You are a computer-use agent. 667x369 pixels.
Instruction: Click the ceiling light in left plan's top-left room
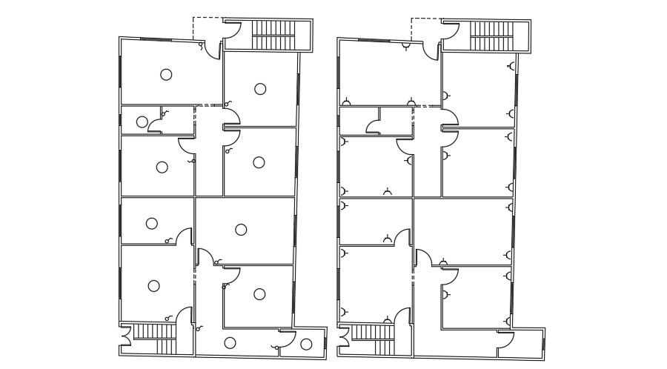click(x=166, y=74)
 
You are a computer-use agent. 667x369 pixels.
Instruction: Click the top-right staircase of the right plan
click(x=493, y=35)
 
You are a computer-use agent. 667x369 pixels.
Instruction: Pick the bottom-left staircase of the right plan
click(x=373, y=340)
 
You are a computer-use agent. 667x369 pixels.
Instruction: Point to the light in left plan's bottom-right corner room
click(x=306, y=343)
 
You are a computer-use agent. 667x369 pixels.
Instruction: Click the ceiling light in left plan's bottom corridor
click(x=230, y=342)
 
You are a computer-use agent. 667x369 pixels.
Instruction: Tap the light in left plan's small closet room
click(x=142, y=122)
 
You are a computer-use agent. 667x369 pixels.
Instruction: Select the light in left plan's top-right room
click(x=260, y=89)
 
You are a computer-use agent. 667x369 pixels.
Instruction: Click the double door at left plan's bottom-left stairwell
click(x=125, y=339)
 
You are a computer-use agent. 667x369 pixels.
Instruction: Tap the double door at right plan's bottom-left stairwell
click(x=343, y=339)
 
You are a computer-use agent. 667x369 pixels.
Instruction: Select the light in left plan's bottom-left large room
click(x=153, y=285)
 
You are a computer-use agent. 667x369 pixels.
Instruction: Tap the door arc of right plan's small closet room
click(x=374, y=124)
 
